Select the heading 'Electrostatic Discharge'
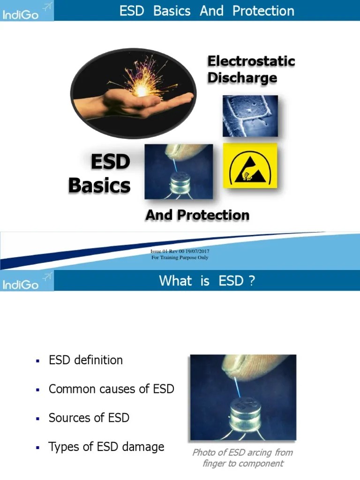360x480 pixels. tap(251, 69)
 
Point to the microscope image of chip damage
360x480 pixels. tap(250, 116)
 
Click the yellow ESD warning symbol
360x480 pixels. tap(250, 165)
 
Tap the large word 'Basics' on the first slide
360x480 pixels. tap(99, 185)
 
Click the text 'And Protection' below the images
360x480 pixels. tap(197, 215)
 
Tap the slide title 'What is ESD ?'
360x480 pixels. tap(207, 281)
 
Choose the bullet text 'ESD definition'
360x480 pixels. tap(86, 360)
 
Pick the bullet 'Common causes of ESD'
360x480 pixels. tap(111, 389)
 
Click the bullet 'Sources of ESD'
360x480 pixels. tap(89, 418)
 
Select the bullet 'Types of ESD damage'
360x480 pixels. tap(106, 447)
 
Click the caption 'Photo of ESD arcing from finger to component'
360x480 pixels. tap(243, 457)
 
